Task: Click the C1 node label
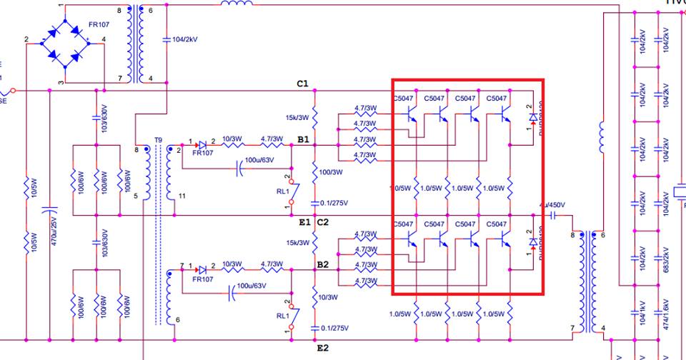point(302,84)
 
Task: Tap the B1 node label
point(303,139)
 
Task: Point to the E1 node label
point(304,222)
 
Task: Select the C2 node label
point(322,222)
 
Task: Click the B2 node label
point(322,264)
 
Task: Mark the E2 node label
point(322,348)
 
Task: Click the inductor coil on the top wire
point(236,4)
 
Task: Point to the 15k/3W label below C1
point(296,117)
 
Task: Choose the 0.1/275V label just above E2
point(334,327)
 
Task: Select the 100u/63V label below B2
point(251,286)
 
